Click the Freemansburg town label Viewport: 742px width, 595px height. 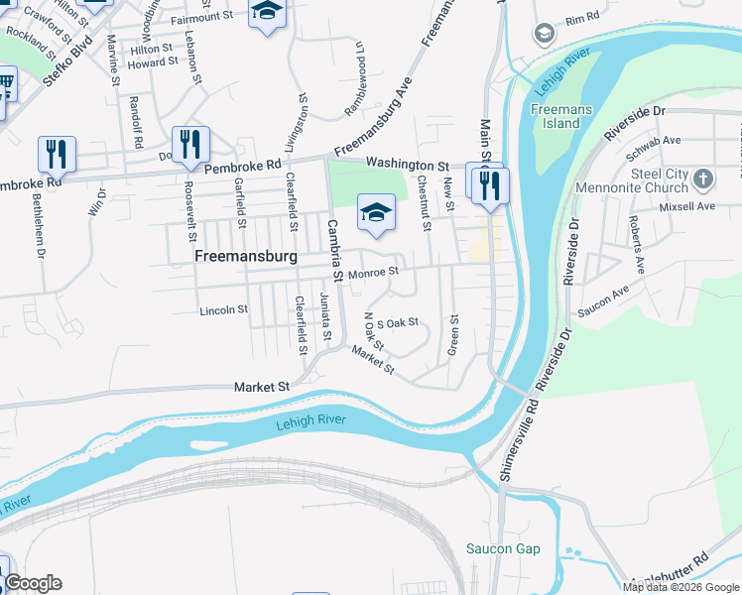click(x=246, y=256)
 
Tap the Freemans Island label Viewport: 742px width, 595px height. click(x=555, y=115)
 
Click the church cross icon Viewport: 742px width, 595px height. click(x=702, y=179)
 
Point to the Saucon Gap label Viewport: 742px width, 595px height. click(x=503, y=548)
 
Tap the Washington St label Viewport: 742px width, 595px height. click(x=407, y=164)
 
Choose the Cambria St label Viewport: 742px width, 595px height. click(x=333, y=249)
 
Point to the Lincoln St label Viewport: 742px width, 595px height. click(x=223, y=309)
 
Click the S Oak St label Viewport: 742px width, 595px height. click(x=399, y=322)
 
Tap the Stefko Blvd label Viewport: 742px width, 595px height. click(x=68, y=59)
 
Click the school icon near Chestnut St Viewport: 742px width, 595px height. click(x=375, y=212)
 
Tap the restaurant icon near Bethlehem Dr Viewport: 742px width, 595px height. click(x=56, y=153)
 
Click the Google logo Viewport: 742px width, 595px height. click(x=32, y=583)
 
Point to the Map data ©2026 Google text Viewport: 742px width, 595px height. click(x=681, y=587)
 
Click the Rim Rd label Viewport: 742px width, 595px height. click(x=582, y=19)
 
